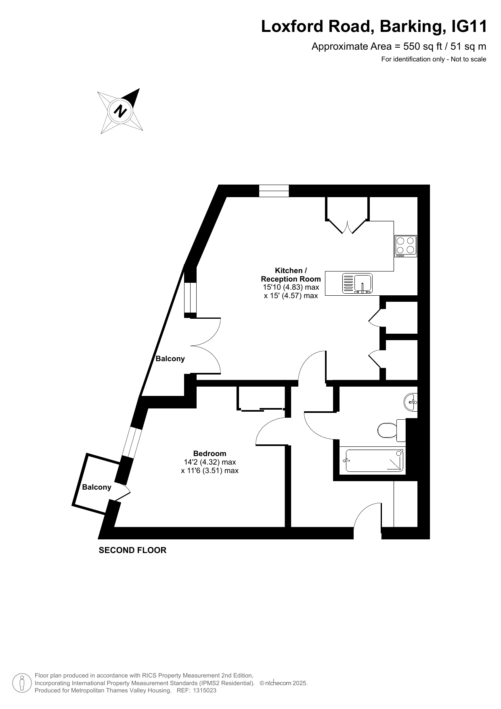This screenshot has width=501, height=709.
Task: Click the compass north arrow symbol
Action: [120, 111]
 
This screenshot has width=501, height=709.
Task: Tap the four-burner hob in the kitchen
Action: [406, 246]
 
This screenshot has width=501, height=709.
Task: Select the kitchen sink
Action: [357, 283]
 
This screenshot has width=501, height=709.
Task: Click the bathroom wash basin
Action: [411, 402]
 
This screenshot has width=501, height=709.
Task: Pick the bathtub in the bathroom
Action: [372, 461]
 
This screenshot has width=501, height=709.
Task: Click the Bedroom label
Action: [210, 453]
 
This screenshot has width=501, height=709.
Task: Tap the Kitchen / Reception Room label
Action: [291, 275]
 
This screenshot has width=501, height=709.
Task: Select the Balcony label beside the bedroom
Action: [96, 487]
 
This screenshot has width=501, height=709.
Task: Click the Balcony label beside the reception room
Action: [170, 358]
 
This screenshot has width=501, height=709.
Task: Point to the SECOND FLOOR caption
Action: [132, 550]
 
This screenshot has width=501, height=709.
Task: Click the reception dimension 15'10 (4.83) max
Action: [291, 287]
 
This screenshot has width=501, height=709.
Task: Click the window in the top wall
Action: [274, 191]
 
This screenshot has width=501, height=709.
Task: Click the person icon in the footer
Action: [22, 683]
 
